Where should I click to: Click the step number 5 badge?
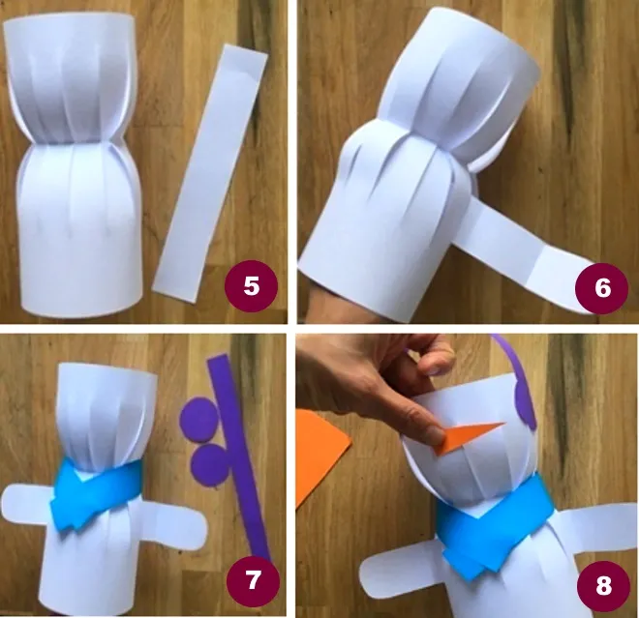pyautogui.click(x=251, y=286)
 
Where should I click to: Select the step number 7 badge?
pyautogui.click(x=253, y=579)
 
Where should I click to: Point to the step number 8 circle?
pyautogui.click(x=603, y=585)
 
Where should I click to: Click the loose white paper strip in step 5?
pyautogui.click(x=210, y=173)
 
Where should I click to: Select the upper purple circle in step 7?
pyautogui.click(x=198, y=420)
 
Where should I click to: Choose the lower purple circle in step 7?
pyautogui.click(x=211, y=463)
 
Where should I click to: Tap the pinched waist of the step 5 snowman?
pyautogui.click(x=72, y=142)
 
